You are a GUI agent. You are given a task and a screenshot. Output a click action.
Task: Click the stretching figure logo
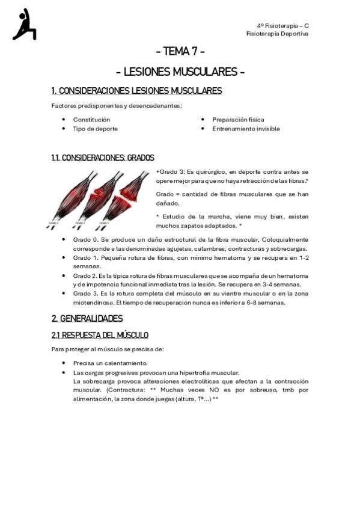pyautogui.click(x=24, y=25)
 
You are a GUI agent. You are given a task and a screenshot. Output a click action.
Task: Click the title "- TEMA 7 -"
pyautogui.click(x=180, y=52)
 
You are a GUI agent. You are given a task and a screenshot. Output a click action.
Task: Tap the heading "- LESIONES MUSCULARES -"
pyautogui.click(x=180, y=72)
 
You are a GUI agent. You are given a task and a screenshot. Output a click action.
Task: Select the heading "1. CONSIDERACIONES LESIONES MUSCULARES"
pyautogui.click(x=136, y=91)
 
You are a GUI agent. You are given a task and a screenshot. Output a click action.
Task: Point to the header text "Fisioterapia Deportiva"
pyautogui.click(x=277, y=34)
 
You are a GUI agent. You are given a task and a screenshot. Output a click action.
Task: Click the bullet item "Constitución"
pyautogui.click(x=91, y=120)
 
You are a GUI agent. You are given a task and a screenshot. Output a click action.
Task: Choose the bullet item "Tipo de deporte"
pyautogui.click(x=95, y=129)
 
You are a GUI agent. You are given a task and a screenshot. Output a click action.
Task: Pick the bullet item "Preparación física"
pyautogui.click(x=238, y=120)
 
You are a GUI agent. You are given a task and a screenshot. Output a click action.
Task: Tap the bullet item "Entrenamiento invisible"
pyautogui.click(x=246, y=129)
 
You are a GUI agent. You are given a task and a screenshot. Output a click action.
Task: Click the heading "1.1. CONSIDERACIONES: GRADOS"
pyautogui.click(x=103, y=158)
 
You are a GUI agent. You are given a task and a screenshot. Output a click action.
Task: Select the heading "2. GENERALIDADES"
pyautogui.click(x=87, y=319)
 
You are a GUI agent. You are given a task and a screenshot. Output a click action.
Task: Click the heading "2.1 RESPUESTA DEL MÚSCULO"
pyautogui.click(x=100, y=335)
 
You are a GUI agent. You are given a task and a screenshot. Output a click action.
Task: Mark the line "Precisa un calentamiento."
pyautogui.click(x=110, y=363)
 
